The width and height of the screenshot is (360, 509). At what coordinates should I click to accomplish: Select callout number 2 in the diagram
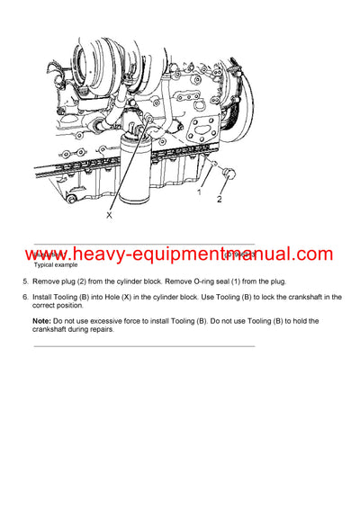point(219,200)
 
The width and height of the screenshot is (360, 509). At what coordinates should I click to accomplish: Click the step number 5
point(24,282)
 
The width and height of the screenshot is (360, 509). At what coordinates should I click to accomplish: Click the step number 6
point(24,297)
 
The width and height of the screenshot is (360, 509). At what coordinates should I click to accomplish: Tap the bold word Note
point(41,320)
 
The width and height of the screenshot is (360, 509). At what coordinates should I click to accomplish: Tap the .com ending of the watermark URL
point(311,254)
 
